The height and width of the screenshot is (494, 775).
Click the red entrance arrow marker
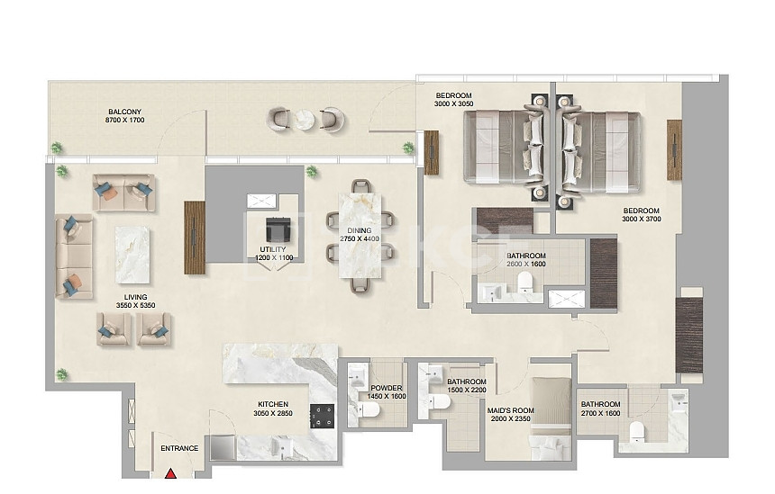point(171,473)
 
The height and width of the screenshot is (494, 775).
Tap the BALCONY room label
point(125,112)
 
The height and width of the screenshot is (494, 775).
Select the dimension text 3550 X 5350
point(135,305)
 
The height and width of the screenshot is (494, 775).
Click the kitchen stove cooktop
point(323,416)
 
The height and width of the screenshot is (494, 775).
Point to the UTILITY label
point(273,250)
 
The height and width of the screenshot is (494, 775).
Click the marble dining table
point(360,236)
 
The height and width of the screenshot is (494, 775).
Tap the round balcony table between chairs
point(305,120)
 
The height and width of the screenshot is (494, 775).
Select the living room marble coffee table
point(132,255)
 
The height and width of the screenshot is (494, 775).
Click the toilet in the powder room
point(369,409)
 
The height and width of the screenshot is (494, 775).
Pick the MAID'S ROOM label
point(511,410)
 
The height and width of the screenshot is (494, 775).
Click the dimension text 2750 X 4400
point(360,238)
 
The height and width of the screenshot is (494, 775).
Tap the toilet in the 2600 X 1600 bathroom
point(524,283)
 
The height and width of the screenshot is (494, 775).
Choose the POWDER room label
point(387,389)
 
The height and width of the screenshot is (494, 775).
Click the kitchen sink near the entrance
point(283,447)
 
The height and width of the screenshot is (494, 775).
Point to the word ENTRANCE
point(179,449)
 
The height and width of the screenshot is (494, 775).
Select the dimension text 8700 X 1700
point(125,120)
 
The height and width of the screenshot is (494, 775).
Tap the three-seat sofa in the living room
point(74,256)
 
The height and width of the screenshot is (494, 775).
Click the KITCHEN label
point(273,405)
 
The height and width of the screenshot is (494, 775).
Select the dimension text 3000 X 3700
point(642,220)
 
